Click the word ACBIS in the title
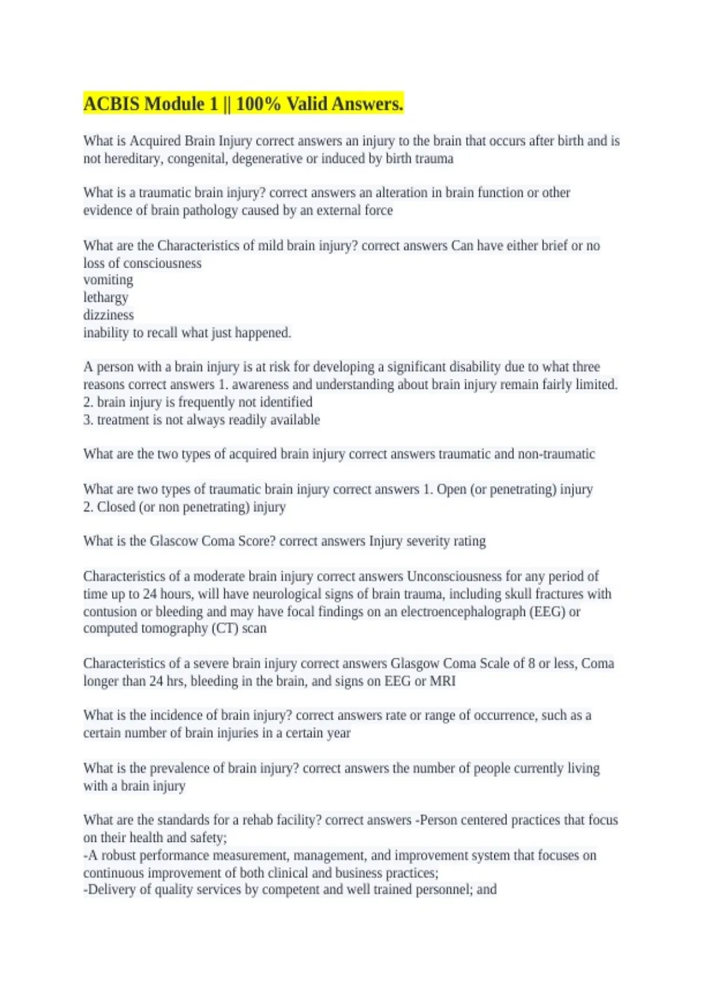(112, 104)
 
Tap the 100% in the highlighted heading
(258, 104)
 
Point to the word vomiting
(108, 280)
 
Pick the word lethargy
(105, 298)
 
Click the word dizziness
(108, 315)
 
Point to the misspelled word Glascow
(174, 541)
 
